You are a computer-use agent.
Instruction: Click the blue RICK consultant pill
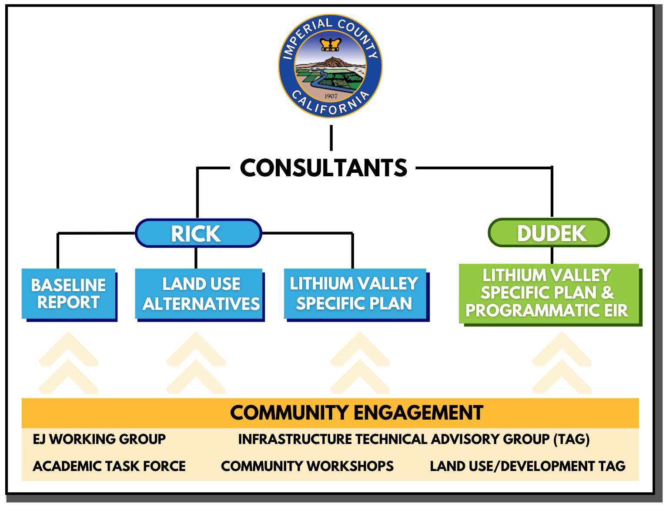pos(198,233)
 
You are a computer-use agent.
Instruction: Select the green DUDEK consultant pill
pos(549,232)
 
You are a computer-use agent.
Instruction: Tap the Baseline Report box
pos(70,295)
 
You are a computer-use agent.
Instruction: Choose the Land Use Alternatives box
pos(200,295)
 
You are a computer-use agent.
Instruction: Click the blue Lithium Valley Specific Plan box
pos(357,295)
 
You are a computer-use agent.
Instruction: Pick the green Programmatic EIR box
pos(550,295)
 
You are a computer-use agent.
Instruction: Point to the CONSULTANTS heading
pos(323,168)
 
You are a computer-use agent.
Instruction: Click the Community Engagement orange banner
pos(330,413)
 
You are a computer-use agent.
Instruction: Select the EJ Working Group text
pos(99,439)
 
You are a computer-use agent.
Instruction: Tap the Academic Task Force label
pos(109,466)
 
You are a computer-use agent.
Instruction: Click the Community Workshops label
pos(307,466)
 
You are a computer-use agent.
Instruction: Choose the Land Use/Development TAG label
pos(528,466)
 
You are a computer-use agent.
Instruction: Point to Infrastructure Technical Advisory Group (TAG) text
pos(414,439)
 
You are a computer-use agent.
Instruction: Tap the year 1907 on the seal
pos(331,96)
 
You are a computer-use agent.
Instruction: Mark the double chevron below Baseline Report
pos(68,363)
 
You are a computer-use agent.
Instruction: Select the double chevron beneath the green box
pos(562,363)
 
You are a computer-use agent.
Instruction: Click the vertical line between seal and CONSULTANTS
pos(331,138)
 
